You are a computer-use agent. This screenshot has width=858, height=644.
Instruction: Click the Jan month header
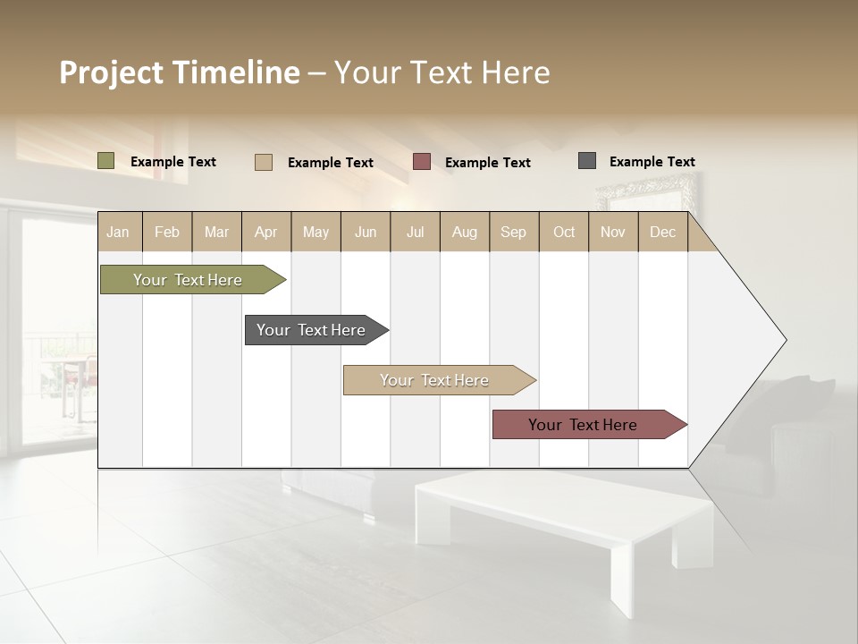118,233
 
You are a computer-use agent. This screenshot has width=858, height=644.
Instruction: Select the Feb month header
167,233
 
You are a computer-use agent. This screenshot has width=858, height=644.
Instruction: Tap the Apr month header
266,233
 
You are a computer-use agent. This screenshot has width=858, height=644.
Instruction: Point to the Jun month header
366,233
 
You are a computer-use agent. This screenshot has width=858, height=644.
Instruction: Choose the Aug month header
465,233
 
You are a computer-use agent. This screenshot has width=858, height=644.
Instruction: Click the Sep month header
513,233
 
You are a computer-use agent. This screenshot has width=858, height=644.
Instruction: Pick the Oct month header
564,233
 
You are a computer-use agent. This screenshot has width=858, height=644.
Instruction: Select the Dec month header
663,233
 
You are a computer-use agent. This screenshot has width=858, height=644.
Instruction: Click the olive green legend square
106,161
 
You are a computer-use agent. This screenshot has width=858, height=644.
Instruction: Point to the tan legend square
264,162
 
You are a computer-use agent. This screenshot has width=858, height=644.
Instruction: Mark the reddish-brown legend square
422,162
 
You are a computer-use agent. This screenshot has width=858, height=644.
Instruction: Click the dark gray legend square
587,161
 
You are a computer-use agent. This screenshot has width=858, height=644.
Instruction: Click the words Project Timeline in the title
180,72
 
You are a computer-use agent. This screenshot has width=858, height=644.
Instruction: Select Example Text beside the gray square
652,162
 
